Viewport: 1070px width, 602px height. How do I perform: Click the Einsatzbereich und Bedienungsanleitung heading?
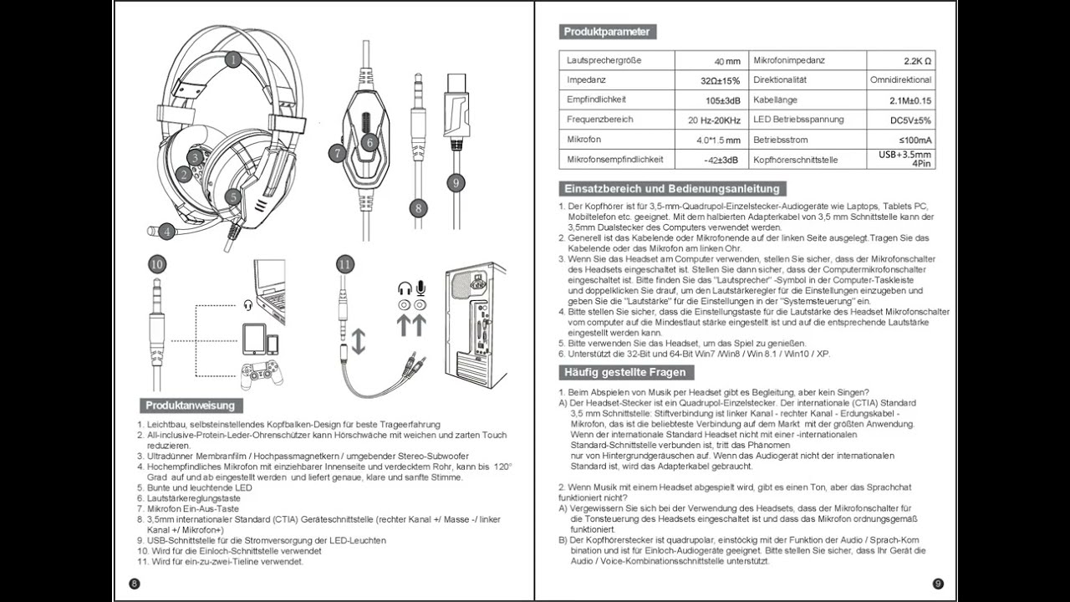672,188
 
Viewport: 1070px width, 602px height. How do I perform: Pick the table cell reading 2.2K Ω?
917,61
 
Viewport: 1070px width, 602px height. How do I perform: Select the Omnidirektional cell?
900,80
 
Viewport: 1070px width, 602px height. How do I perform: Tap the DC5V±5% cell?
911,120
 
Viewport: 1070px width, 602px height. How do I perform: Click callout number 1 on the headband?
232,59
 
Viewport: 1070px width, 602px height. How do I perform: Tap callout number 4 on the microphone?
166,231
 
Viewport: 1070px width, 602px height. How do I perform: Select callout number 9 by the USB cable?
456,182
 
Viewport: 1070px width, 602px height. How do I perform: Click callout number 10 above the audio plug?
157,264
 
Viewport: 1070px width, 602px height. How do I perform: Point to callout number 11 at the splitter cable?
345,264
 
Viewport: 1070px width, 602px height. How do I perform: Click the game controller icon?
262,375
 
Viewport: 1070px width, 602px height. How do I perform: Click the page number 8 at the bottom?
135,583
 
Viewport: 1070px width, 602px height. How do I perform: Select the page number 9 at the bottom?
937,583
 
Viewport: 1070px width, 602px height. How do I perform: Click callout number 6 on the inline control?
369,142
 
